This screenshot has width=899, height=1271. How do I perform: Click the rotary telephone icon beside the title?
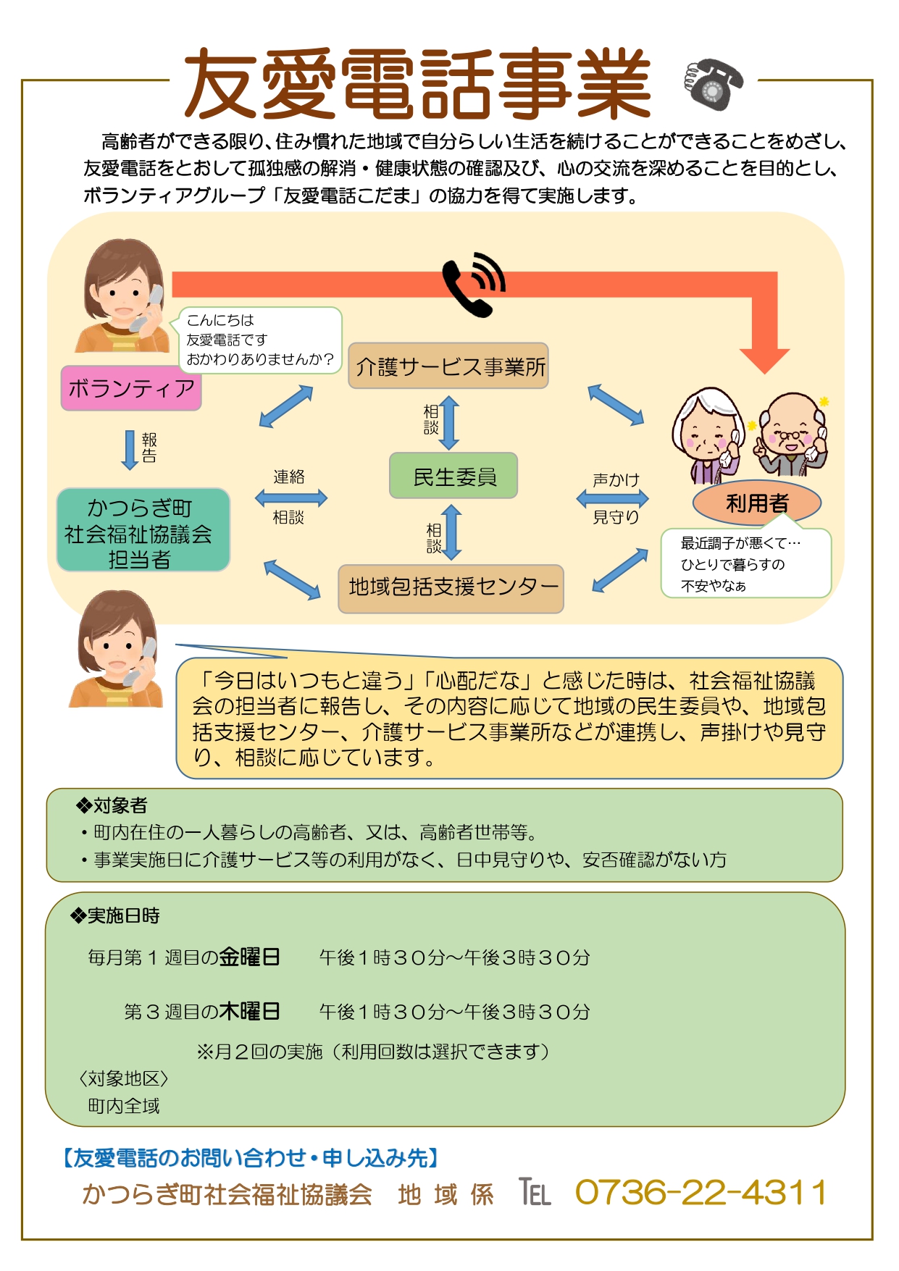tap(713, 84)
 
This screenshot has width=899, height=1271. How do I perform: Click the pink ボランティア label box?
tap(131, 388)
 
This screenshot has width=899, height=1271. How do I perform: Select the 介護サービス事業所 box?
tap(448, 366)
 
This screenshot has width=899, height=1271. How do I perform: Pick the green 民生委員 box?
tap(453, 477)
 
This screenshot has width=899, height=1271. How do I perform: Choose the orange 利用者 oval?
tap(756, 503)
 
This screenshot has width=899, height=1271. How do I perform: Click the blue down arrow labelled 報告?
tap(130, 450)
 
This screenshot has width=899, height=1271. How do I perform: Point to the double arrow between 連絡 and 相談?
tap(290, 498)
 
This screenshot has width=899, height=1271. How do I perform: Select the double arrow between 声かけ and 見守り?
tap(612, 498)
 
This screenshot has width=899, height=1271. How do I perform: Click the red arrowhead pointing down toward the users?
tap(764, 358)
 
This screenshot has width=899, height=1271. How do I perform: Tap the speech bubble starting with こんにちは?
tap(259, 340)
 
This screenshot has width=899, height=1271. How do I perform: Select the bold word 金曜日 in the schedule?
tap(250, 957)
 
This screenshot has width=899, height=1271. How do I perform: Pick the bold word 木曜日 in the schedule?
tap(250, 1012)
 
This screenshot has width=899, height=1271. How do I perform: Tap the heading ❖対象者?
tap(112, 805)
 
